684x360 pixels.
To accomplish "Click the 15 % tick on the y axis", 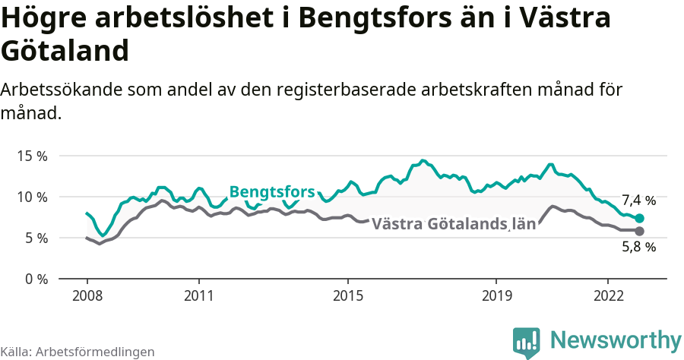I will point(31,156).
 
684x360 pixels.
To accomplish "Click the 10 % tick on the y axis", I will point(31,197).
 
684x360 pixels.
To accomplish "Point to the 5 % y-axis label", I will point(35,238).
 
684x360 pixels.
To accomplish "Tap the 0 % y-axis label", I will point(35,279).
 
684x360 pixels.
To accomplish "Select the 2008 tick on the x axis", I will point(87,295).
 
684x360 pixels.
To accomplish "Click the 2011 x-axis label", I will point(198,295).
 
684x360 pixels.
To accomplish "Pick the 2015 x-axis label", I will point(348,295).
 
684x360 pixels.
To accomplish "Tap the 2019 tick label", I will point(497,295).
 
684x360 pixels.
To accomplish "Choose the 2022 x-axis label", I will point(609,295).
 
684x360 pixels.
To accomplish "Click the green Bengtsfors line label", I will point(271,191).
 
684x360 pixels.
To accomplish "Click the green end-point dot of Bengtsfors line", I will point(639,218).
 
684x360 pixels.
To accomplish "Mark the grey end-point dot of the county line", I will point(639,231).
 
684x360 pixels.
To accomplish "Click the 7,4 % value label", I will point(638,201).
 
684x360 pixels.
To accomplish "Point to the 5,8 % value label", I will point(638,247).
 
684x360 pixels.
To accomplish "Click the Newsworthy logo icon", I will point(527,342).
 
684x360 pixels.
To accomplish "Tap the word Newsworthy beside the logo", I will point(616,339).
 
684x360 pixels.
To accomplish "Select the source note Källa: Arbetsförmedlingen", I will point(78,352).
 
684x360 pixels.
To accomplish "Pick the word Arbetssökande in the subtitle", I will point(59,89).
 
